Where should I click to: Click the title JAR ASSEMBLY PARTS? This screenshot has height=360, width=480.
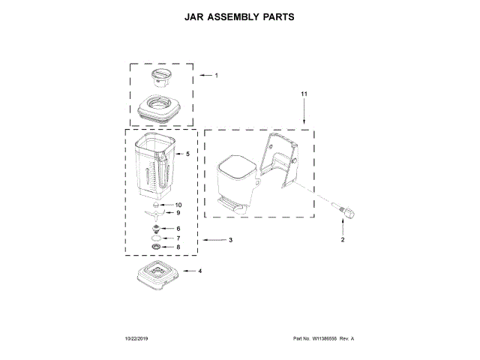point(240,15)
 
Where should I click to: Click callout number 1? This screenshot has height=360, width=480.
point(216,76)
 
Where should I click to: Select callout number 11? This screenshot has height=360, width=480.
point(304,94)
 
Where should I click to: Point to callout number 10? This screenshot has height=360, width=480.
point(178,204)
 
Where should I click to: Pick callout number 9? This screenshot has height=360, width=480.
point(178,213)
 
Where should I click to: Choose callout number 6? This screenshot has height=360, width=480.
point(178,228)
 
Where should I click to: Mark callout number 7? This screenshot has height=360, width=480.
point(178,238)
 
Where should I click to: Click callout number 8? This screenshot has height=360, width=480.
point(178,247)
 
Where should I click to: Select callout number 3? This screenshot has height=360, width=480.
point(230,240)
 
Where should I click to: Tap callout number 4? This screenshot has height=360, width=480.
point(200,271)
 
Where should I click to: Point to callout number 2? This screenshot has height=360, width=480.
point(343,240)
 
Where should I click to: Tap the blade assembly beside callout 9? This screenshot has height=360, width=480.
point(156,213)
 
